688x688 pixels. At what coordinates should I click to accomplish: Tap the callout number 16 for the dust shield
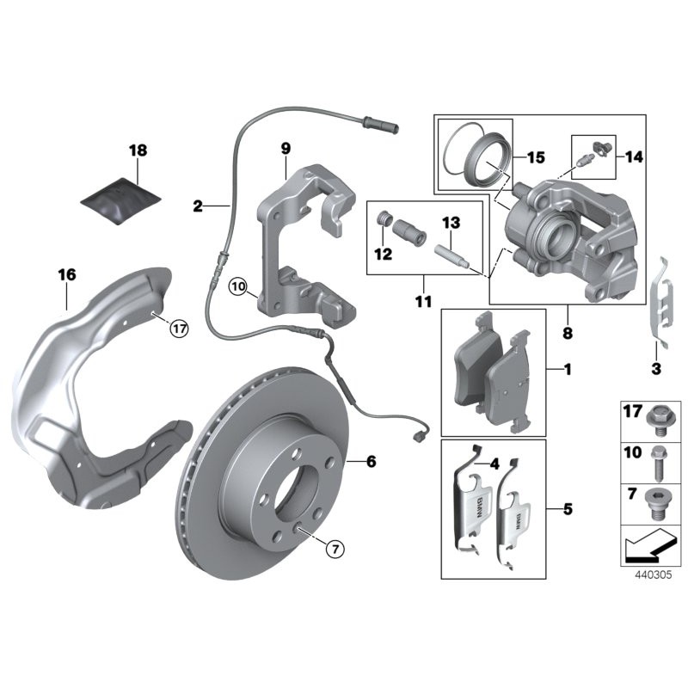tap(67, 275)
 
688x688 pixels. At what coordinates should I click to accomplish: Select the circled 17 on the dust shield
tap(178, 328)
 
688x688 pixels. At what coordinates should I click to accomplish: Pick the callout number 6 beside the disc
tap(371, 463)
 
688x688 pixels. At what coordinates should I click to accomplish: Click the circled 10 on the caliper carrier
tap(238, 285)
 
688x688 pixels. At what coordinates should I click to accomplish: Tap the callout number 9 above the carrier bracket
tap(286, 150)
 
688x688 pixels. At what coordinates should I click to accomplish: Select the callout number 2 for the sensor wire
tap(198, 206)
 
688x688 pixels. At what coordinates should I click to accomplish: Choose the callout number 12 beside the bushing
tap(382, 255)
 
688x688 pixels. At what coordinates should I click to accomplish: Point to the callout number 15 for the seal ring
tap(535, 157)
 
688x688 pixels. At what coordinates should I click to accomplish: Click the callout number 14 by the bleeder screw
tap(634, 157)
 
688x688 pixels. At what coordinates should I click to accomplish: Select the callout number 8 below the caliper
tap(567, 330)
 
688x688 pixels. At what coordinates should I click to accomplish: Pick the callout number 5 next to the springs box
tap(567, 509)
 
